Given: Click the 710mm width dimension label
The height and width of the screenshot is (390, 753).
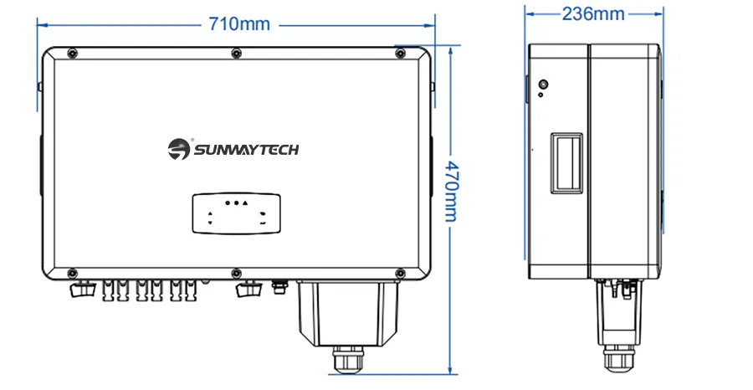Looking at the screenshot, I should (239, 24).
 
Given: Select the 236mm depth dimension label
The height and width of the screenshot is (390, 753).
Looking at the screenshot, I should (593, 13).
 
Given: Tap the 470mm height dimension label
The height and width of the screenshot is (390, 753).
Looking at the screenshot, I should (451, 192).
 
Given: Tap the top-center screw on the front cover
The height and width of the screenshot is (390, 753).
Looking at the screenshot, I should (236, 54).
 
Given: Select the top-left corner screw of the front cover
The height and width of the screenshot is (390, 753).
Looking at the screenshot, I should (72, 54).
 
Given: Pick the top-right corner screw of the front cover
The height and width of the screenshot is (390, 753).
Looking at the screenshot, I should (400, 54).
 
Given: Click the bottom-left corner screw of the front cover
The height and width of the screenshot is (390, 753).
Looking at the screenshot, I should (72, 273).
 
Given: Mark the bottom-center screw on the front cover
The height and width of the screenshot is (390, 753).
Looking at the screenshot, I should (236, 273).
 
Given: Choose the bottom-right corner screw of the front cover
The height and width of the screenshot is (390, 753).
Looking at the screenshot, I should (400, 273).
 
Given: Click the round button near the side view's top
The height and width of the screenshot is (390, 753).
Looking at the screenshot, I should (541, 85).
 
